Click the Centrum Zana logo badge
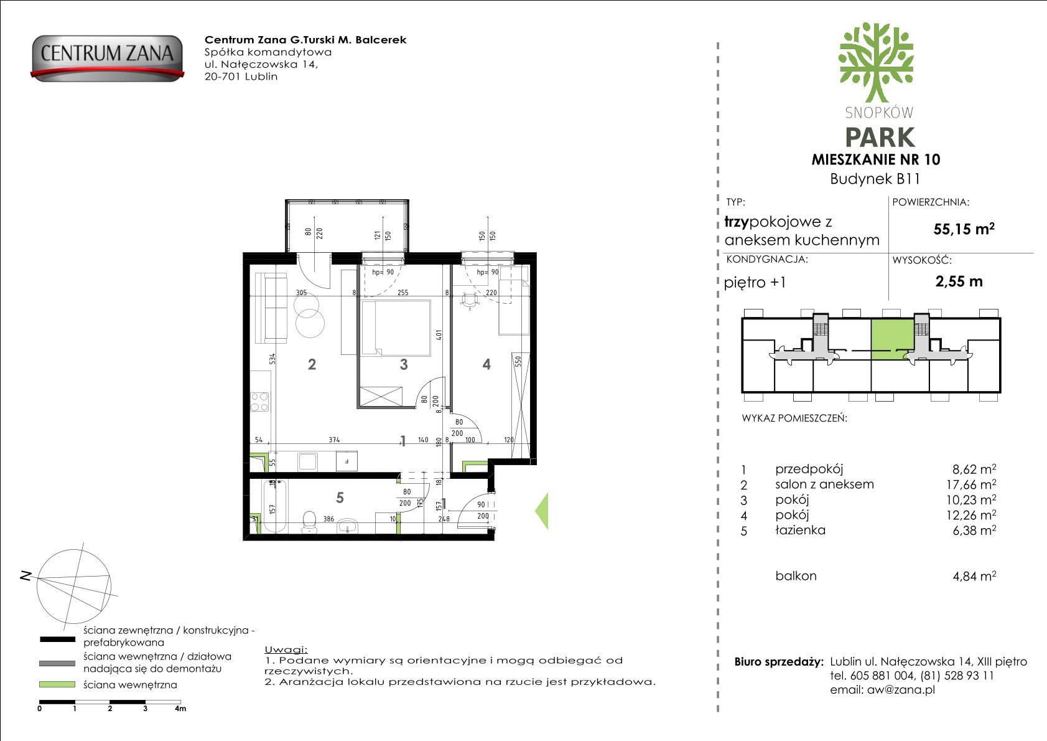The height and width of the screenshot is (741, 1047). [107, 57]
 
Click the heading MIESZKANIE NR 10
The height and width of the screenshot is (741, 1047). [876, 159]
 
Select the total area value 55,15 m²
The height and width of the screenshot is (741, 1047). [964, 229]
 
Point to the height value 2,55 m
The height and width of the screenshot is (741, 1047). [959, 281]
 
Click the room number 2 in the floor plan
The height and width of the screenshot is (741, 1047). [312, 364]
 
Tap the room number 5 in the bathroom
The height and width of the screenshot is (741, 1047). [340, 498]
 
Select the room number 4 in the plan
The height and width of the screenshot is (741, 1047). [486, 364]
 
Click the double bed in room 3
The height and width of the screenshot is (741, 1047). [396, 328]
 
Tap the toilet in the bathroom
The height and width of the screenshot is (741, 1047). [309, 522]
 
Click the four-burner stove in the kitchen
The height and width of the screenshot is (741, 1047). [260, 402]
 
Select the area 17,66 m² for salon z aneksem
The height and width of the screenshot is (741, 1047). [971, 484]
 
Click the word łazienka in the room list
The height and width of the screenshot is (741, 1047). [800, 530]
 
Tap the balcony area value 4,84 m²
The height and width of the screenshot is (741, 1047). [974, 576]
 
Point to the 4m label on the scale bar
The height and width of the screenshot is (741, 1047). [180, 708]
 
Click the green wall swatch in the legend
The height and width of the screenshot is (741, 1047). [57, 684]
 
